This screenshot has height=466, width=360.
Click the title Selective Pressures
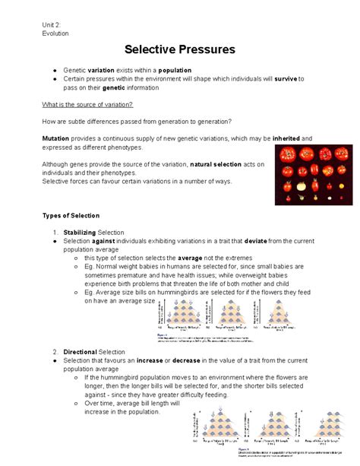(x=180, y=49)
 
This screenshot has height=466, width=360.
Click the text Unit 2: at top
(x=55, y=24)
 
